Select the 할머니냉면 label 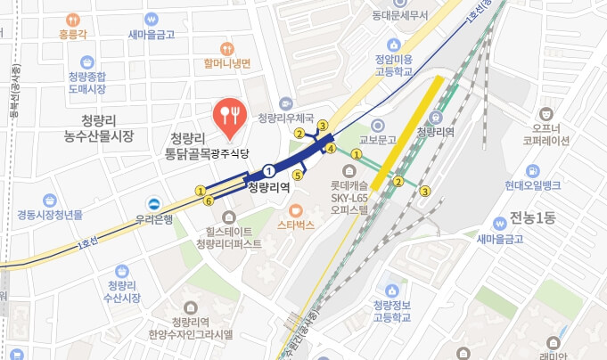click(x=227, y=62)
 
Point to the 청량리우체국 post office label click(x=286, y=117)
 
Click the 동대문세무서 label click(x=400, y=15)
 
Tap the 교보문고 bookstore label click(x=377, y=139)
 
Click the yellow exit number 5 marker click(x=298, y=176)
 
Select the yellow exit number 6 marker click(x=209, y=201)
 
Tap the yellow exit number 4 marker click(x=330, y=149)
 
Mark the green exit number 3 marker click(x=426, y=190)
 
